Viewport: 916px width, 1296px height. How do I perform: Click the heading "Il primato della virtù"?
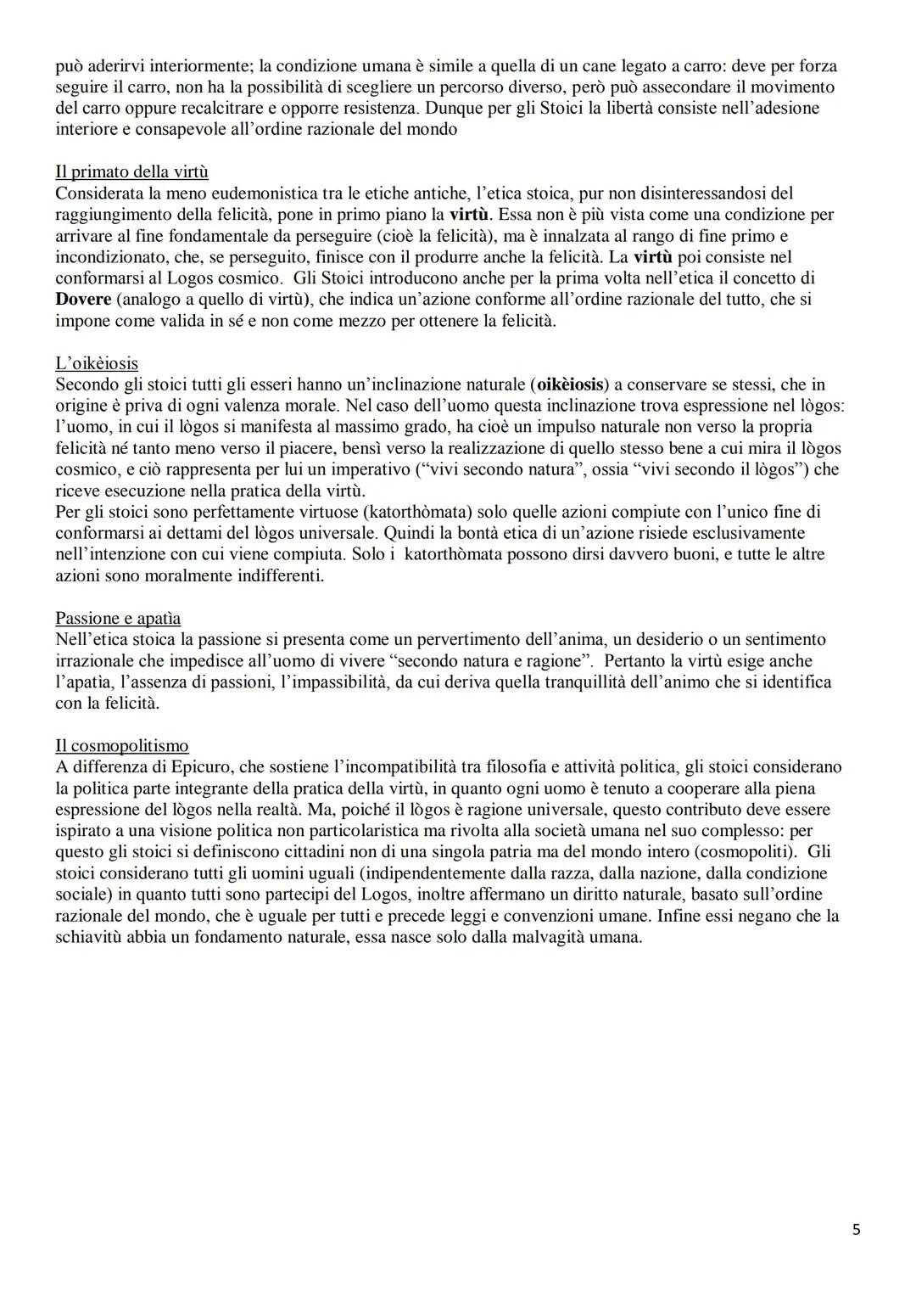tap(131, 172)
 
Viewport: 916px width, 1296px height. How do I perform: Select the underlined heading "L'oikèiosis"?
tap(97, 363)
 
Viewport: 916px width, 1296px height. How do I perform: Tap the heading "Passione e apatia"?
tap(118, 618)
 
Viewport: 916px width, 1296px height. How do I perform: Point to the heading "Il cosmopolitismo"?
tap(122, 746)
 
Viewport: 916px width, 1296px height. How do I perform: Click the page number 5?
tap(856, 1229)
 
